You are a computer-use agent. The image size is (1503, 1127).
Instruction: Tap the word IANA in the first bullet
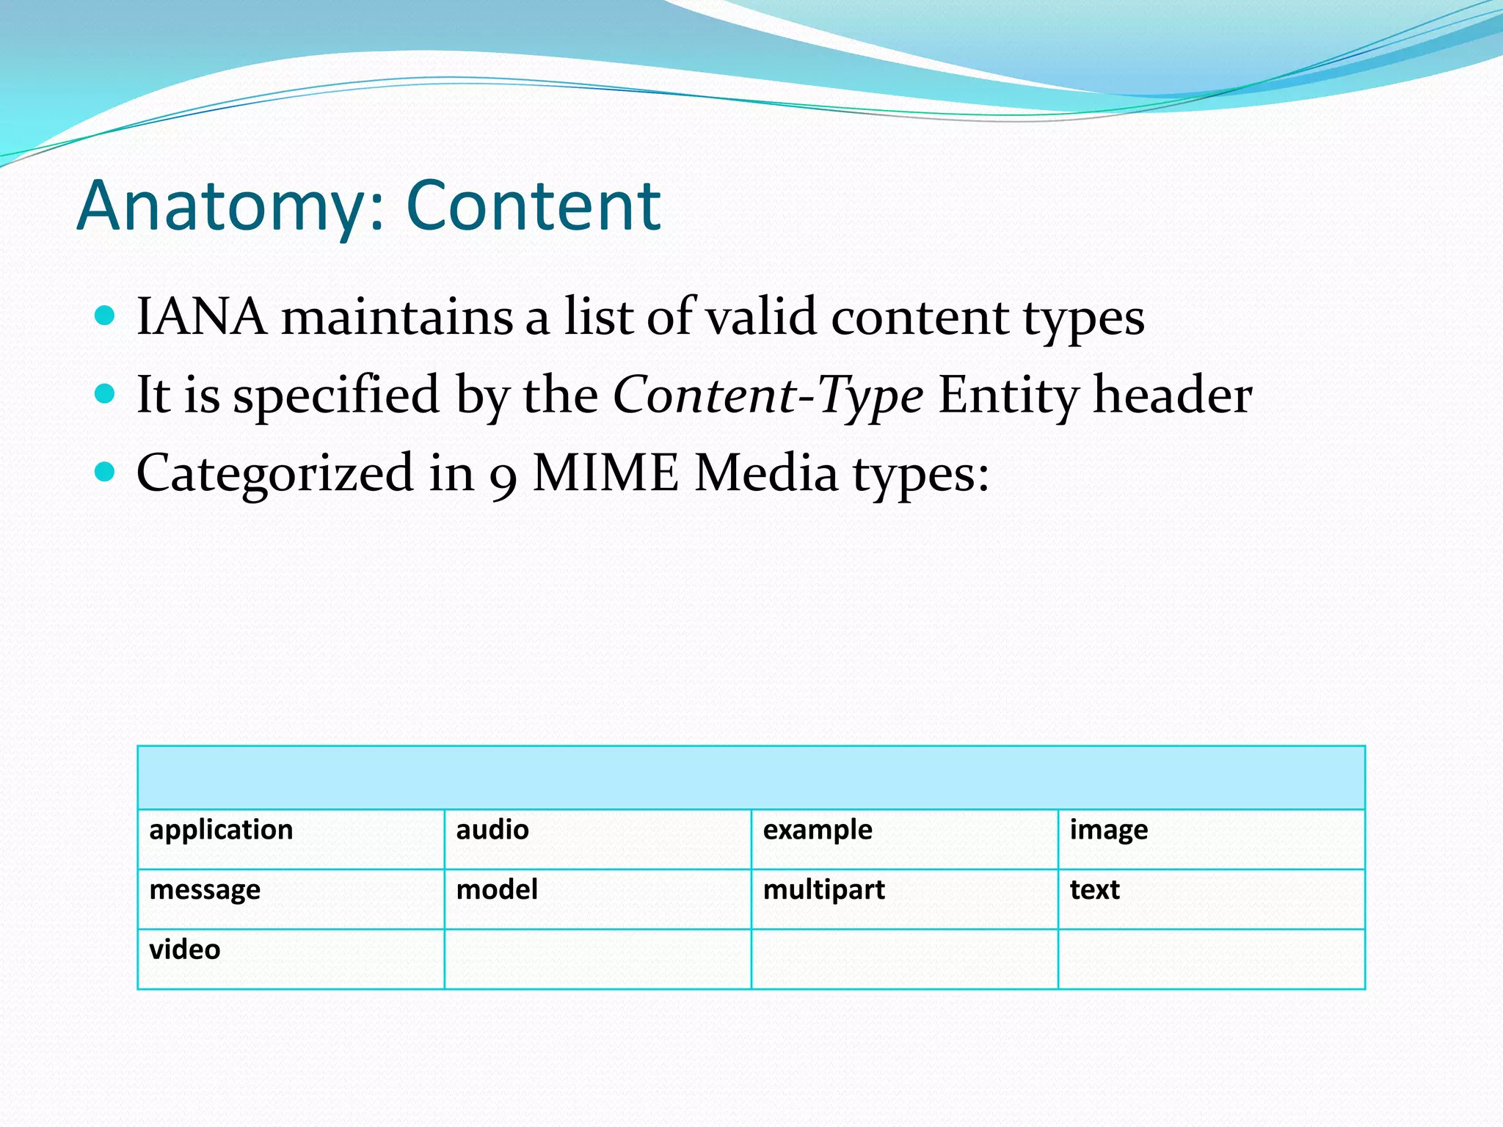(202, 317)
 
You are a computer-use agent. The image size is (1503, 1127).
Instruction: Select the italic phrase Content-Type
(768, 395)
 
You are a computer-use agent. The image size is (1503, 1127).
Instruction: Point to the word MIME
(605, 473)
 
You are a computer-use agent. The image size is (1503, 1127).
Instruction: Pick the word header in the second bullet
(1173, 395)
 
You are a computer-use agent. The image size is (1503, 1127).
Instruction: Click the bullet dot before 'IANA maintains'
(106, 316)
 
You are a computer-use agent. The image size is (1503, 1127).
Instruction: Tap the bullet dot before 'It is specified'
(106, 394)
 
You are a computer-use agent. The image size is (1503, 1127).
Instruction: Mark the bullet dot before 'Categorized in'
(106, 472)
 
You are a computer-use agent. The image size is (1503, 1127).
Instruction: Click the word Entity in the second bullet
(1008, 395)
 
